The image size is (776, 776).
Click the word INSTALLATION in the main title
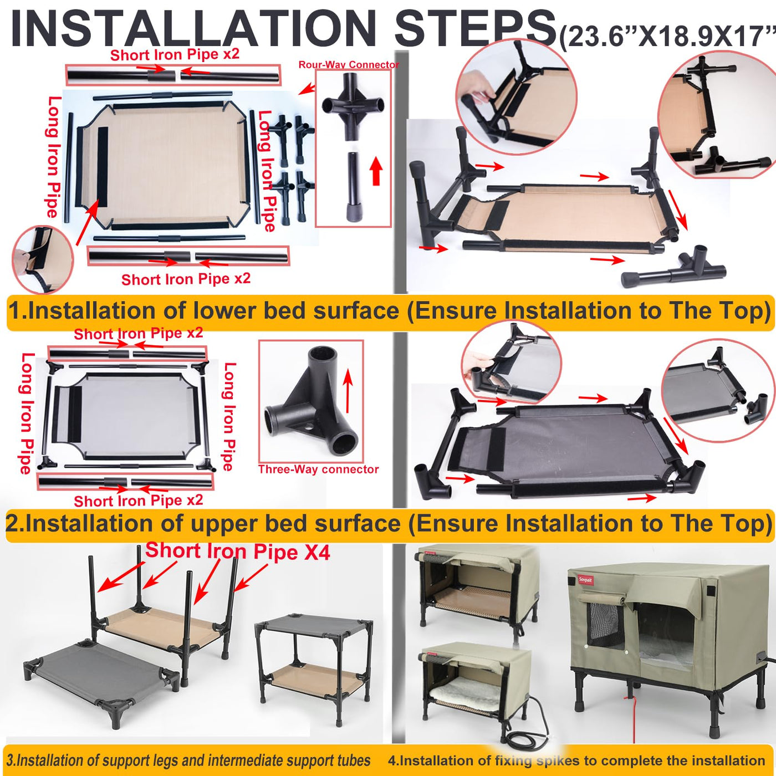coord(193,29)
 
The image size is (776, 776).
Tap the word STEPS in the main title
coord(474,29)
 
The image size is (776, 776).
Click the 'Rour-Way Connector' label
coord(349,64)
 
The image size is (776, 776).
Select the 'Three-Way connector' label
coord(318,469)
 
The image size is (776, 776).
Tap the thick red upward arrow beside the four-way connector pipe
coord(376,171)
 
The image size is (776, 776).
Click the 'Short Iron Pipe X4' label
coord(238,552)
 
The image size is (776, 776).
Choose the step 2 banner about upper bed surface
coord(389,524)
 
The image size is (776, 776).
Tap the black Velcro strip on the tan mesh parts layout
coord(103,167)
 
